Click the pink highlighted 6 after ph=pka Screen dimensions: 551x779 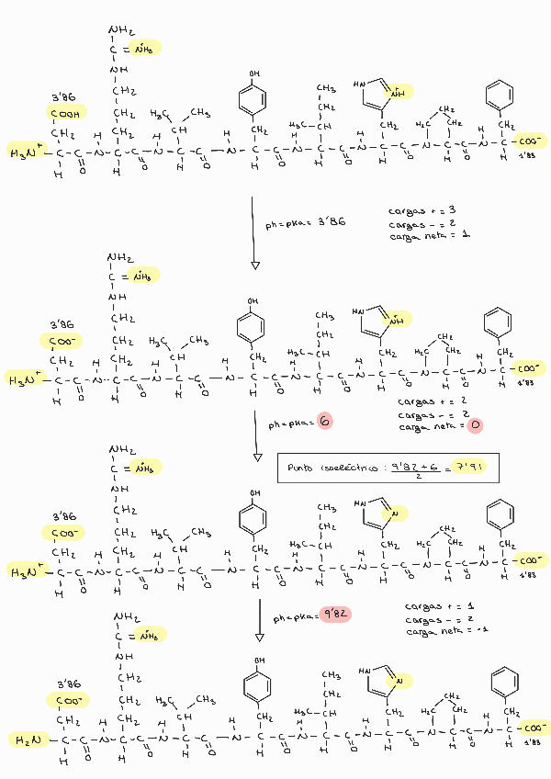tap(324, 421)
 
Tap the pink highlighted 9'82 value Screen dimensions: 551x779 tap(334, 613)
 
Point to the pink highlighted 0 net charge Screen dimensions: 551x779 tap(474, 426)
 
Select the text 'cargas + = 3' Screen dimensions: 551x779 tap(423, 210)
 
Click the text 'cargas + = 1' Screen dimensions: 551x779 tap(436, 607)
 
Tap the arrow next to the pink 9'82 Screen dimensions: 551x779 tap(260, 619)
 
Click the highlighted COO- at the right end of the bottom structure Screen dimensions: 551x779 tap(530, 727)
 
